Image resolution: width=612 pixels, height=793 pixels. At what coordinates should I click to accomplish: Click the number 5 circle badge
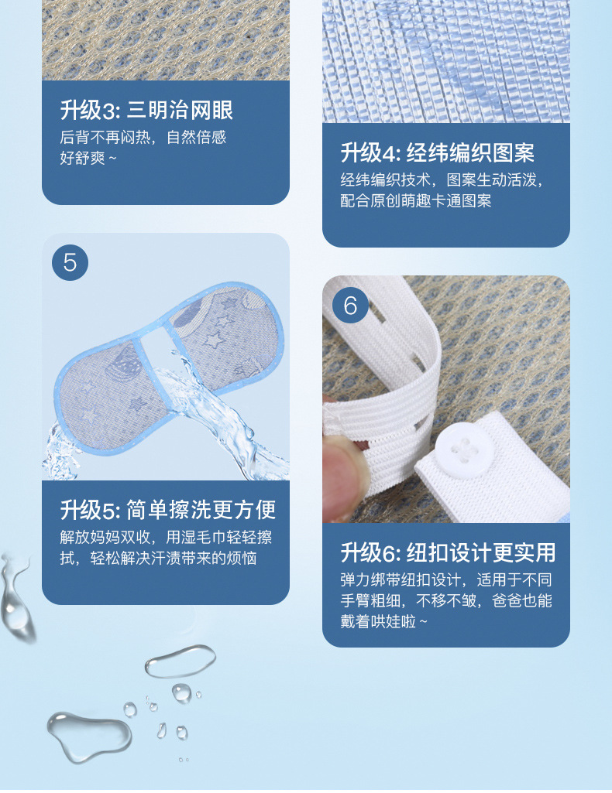click(70, 262)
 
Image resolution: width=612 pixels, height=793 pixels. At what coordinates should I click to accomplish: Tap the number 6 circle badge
click(350, 305)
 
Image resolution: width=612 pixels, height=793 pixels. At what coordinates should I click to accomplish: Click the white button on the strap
click(459, 449)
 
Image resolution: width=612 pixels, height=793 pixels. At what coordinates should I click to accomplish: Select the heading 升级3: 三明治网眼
click(146, 110)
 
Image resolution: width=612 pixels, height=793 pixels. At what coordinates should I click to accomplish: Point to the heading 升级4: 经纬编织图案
click(438, 152)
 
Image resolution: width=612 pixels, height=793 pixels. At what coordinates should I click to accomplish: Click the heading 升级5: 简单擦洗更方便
click(168, 510)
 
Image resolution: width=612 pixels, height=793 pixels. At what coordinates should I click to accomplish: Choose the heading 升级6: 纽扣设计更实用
click(448, 552)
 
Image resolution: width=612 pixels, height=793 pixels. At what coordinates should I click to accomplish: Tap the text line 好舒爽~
click(89, 159)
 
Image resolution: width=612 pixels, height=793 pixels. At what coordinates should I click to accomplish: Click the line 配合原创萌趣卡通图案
click(416, 201)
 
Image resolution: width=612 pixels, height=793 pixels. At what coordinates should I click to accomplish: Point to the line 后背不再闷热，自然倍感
click(143, 138)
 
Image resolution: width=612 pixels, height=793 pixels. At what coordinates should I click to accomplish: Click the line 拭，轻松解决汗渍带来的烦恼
click(159, 559)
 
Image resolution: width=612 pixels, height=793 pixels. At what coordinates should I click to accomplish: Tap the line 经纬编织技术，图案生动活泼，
click(442, 180)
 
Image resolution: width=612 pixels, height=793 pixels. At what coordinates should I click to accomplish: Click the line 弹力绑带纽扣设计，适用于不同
click(446, 580)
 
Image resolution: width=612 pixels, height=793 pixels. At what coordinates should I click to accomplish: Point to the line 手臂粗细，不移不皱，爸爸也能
click(446, 601)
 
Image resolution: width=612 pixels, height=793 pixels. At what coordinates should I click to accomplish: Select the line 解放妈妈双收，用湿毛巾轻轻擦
click(166, 538)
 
